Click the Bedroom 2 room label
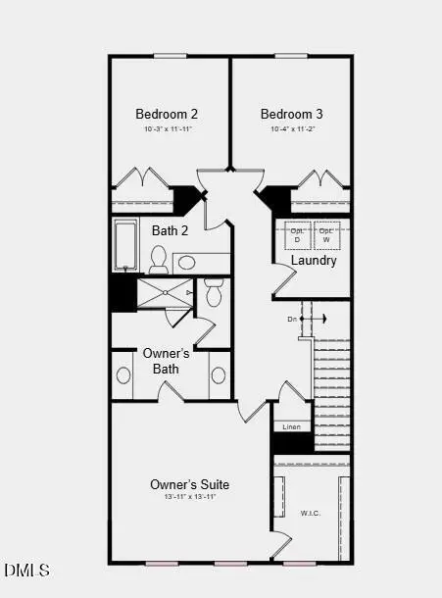click(168, 114)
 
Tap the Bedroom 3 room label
click(291, 114)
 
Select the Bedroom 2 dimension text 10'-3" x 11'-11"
click(168, 129)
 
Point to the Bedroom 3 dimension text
click(291, 129)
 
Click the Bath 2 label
click(171, 231)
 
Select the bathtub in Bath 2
click(126, 245)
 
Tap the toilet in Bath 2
click(159, 259)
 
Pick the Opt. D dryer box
click(297, 236)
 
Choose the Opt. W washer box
click(327, 236)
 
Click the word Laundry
click(314, 261)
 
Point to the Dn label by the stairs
click(292, 320)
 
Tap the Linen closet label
click(291, 427)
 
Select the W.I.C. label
click(310, 513)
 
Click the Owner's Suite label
click(189, 484)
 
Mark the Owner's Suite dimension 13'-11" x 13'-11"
click(189, 498)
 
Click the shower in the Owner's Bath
click(165, 293)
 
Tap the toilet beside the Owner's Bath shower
click(214, 293)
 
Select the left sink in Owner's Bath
click(124, 375)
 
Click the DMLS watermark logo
click(26, 570)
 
